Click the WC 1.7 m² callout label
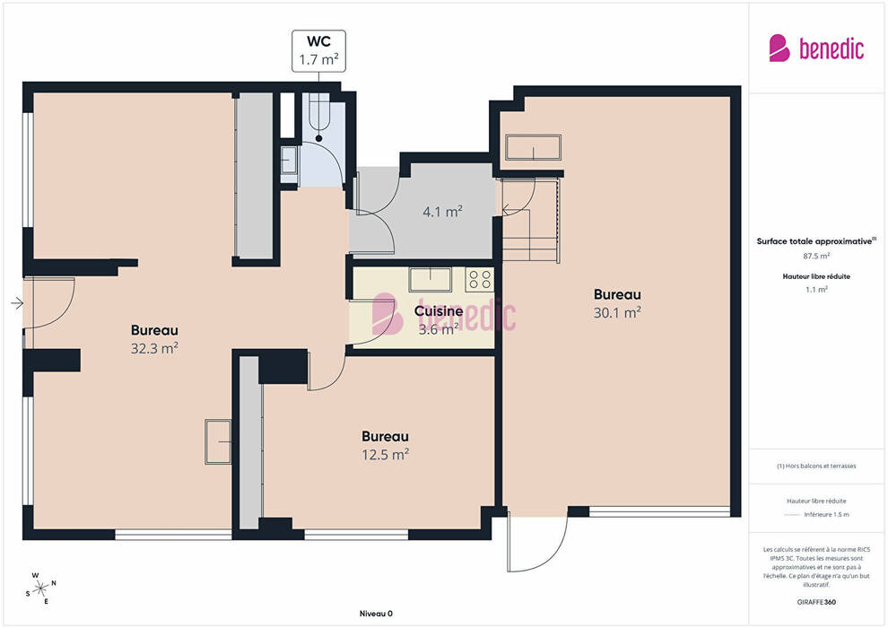click(318, 51)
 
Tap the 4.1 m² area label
click(443, 212)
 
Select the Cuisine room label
click(439, 311)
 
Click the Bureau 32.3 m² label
click(154, 338)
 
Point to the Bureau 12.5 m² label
click(385, 445)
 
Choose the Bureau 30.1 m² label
click(617, 303)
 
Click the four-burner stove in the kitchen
click(479, 280)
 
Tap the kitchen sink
click(431, 280)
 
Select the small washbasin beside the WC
click(289, 161)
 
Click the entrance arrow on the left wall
click(17, 303)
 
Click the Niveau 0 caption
click(376, 614)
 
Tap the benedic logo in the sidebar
click(816, 48)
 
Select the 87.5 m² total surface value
click(816, 256)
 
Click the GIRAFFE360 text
click(816, 602)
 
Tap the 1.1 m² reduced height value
click(816, 290)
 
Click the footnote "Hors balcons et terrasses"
click(816, 466)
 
